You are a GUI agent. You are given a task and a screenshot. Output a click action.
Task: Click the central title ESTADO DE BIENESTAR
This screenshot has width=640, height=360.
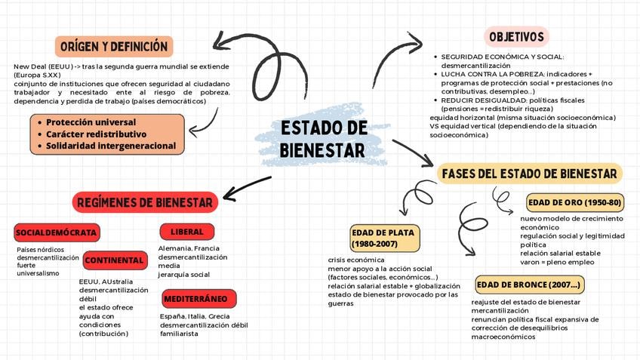click(x=322, y=138)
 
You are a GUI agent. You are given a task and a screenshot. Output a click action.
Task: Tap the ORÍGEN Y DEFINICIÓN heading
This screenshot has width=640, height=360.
click(x=114, y=47)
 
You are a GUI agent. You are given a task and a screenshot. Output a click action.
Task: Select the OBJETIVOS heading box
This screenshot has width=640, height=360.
click(x=516, y=36)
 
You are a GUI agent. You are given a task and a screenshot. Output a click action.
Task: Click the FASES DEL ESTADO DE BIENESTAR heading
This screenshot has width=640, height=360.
click(x=530, y=174)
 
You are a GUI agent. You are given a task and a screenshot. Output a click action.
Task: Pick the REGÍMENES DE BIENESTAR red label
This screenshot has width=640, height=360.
click(x=146, y=202)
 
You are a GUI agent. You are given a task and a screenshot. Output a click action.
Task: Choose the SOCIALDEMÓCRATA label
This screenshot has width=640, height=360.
click(x=56, y=232)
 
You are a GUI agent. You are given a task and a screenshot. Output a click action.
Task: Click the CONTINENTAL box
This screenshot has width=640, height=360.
click(x=115, y=260)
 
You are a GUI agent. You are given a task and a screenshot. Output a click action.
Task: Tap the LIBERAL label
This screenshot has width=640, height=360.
click(x=187, y=232)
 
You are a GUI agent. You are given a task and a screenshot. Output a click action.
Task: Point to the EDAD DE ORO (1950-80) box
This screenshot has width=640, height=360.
click(x=575, y=202)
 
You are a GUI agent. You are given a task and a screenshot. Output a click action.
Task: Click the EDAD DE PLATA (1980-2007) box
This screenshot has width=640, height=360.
click(x=384, y=238)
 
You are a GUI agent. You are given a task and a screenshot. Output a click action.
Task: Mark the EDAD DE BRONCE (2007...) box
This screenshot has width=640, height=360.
click(x=529, y=285)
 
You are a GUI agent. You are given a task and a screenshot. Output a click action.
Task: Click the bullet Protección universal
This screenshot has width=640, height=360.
click(x=91, y=122)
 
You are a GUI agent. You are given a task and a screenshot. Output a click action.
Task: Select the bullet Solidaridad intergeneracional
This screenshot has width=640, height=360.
click(x=110, y=146)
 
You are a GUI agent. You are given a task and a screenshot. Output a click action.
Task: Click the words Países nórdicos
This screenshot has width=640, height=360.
click(x=41, y=250)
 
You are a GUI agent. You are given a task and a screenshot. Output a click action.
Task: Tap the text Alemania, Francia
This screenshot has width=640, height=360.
click(x=189, y=248)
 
